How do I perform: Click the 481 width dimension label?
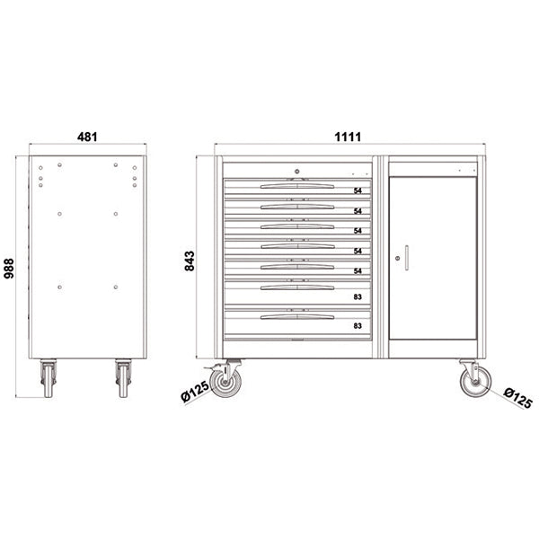87,137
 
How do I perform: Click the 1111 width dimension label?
348,137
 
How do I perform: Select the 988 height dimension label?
9,269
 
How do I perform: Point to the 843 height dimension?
190,261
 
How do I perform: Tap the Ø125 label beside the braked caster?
195,391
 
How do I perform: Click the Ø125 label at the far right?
518,398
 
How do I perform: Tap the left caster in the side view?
49,378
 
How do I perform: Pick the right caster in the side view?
123,378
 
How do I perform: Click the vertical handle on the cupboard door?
407,258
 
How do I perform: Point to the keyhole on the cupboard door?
398,258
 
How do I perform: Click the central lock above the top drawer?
297,172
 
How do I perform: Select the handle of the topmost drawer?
297,186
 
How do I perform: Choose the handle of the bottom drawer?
297,317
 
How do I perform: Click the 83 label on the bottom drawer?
358,325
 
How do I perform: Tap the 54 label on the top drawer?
358,190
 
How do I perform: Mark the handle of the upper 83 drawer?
297,287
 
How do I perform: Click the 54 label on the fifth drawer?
358,271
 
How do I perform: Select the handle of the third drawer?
297,226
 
